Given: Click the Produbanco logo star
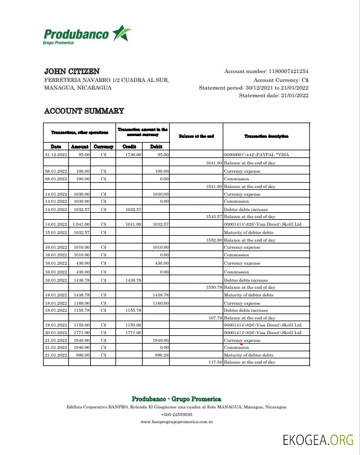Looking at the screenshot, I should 121,34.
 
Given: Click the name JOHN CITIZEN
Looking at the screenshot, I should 72,71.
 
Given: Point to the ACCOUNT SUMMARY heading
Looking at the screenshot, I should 84,111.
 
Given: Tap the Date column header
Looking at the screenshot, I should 56,146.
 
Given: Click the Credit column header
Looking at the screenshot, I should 129,146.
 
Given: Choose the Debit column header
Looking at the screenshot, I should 156,146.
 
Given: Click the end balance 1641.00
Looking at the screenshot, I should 213,162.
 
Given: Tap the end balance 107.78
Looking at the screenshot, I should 213,318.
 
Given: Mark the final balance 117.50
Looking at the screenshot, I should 213,362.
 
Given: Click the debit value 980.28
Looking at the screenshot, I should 161,355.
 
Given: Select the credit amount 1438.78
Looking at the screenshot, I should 133,281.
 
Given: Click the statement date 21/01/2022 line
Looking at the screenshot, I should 273,95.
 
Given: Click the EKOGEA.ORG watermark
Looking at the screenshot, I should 318,440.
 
